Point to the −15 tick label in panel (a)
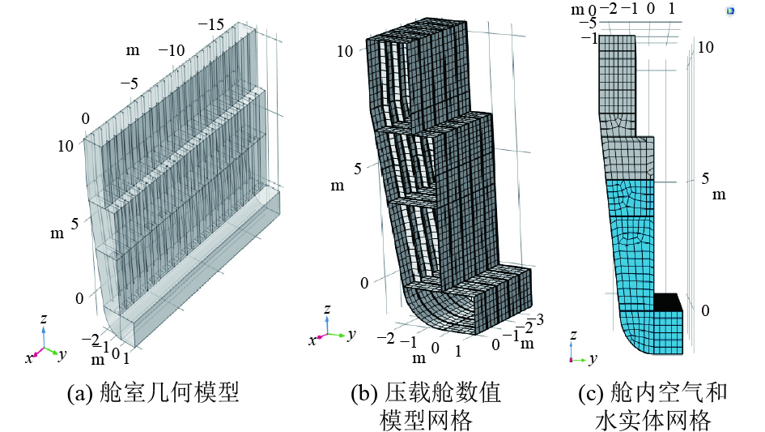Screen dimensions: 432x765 click(215, 25)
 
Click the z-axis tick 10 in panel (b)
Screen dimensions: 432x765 click(345, 50)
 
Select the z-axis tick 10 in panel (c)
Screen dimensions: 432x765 click(705, 48)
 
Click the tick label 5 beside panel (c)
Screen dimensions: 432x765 click(704, 178)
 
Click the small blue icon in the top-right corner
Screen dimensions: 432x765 click(730, 11)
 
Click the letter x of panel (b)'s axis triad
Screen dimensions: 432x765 click(312, 340)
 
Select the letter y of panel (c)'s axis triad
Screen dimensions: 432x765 click(593, 357)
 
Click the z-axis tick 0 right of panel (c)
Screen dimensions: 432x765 click(704, 311)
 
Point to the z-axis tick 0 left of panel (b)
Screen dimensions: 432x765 click(364, 282)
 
